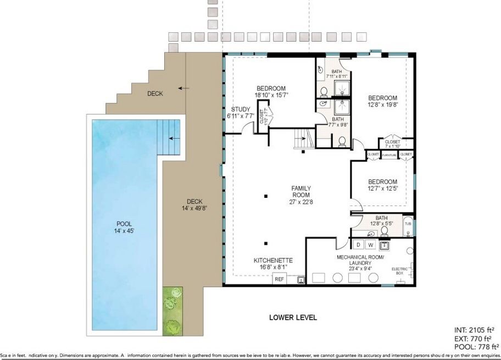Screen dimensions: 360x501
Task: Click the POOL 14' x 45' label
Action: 124,228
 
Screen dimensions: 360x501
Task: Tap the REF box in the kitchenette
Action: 279,279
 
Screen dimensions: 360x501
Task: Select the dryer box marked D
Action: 358,244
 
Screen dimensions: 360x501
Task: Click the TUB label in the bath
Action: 408,224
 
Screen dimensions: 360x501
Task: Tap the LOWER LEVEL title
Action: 293,317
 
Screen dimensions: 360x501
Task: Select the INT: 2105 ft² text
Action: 476,330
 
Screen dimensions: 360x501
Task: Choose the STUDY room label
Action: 240,113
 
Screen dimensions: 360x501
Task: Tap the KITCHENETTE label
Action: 272,264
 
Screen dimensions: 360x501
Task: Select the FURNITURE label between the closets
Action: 389,156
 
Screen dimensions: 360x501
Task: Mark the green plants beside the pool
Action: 173,310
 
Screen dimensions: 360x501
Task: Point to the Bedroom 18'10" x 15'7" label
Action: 271,91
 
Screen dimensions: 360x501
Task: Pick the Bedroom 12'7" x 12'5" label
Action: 382,185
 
